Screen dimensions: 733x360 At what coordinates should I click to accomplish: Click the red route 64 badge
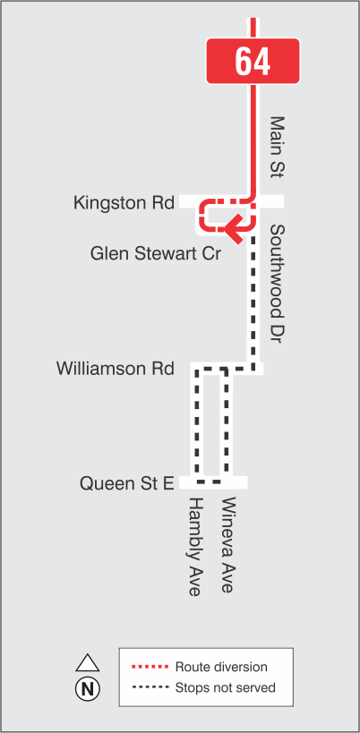tap(253, 61)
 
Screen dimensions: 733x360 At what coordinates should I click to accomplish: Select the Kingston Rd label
tap(124, 203)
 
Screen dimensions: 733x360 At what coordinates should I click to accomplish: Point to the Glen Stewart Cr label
tap(156, 253)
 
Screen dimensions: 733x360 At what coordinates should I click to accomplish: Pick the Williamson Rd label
tap(115, 368)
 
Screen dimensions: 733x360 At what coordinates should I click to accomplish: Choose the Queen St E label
tap(126, 483)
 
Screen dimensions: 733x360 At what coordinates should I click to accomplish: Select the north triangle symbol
tap(87, 663)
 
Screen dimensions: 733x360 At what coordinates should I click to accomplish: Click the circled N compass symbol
tap(88, 688)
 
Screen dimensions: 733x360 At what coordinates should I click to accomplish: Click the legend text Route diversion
tap(221, 668)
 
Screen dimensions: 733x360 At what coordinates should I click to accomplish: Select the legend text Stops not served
tap(225, 687)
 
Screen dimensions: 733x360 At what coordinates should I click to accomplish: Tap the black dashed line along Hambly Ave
tap(196, 425)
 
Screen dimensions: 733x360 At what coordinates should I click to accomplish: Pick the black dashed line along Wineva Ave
tap(227, 425)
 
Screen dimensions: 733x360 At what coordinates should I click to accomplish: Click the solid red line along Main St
tap(254, 134)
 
